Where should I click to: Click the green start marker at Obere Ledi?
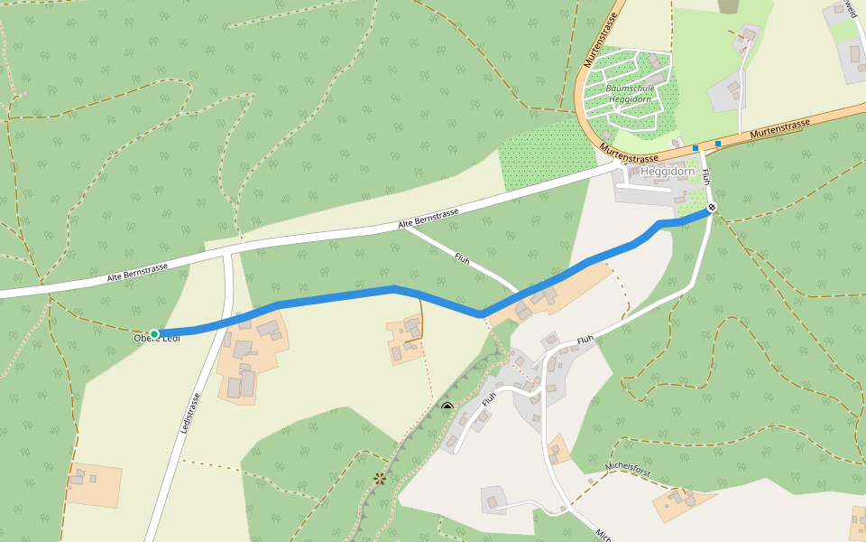pos(154,334)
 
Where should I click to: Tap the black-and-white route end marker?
pos(712,208)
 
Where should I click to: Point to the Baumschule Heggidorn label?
pos(629,93)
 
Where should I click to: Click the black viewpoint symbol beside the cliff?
pos(447,407)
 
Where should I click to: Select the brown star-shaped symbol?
pos(379,478)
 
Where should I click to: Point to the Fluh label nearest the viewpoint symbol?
pos(488,397)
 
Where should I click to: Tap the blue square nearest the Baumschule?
pos(696,148)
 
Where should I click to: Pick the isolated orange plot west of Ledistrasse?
pos(93,485)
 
